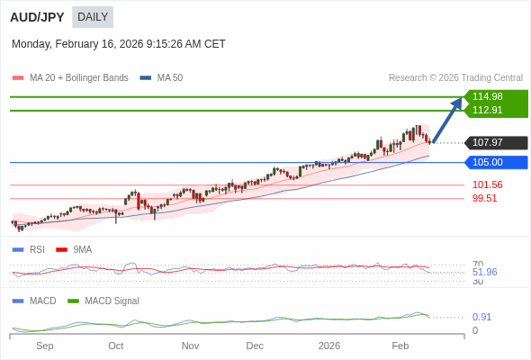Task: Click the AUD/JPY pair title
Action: [37, 17]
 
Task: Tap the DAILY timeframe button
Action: [93, 17]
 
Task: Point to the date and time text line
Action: [119, 44]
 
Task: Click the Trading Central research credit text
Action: [455, 78]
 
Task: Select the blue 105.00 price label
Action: [488, 162]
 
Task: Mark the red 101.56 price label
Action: [487, 184]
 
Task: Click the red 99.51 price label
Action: [485, 198]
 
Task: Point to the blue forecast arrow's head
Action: [458, 102]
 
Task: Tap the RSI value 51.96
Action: [484, 272]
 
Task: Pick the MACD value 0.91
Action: [481, 317]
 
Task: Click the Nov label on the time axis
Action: [190, 346]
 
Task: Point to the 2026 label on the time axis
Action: [329, 346]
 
